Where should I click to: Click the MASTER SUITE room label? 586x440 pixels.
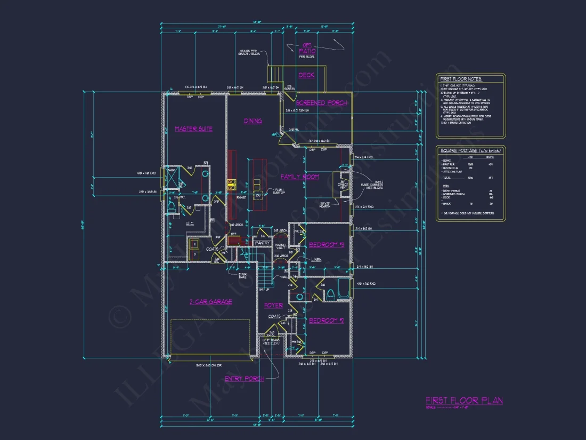[193, 129]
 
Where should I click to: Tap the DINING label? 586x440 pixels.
[253, 121]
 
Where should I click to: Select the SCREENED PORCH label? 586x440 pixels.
[322, 103]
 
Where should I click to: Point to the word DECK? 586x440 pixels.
[306, 76]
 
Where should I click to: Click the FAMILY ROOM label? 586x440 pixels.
[300, 177]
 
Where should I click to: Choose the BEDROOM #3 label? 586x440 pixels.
[327, 245]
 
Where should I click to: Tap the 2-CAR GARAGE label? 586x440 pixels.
[211, 302]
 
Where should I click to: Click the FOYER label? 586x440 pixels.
[273, 306]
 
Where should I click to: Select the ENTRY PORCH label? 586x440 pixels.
[244, 379]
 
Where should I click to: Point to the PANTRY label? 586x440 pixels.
[262, 243]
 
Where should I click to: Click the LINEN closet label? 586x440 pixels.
[316, 259]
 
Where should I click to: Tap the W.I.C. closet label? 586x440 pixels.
[190, 224]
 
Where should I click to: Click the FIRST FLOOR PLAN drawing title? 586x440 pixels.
[464, 401]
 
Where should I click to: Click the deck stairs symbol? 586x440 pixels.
[274, 73]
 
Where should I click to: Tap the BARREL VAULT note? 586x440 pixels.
[281, 246]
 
